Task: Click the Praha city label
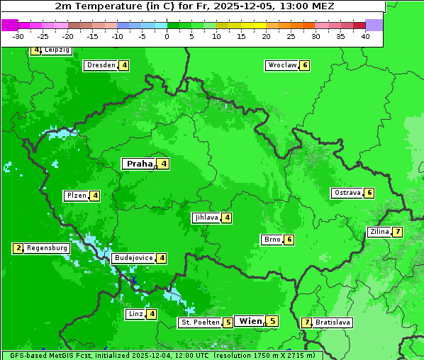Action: tap(140, 164)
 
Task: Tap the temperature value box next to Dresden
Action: tap(124, 65)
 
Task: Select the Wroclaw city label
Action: tap(281, 65)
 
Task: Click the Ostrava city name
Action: tap(347, 193)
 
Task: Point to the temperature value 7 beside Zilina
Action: tap(398, 232)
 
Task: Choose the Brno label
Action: tap(272, 240)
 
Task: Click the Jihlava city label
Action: tap(206, 218)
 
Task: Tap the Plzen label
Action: tap(76, 196)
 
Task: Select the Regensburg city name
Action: tap(48, 248)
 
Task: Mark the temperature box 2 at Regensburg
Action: tap(18, 248)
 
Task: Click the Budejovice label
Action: tap(133, 258)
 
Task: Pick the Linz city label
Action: tap(135, 314)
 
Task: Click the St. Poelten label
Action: tap(199, 322)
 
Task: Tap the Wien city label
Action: tap(250, 321)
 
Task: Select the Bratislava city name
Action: tap(333, 322)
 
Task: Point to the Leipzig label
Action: tap(57, 50)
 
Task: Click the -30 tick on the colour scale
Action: tap(18, 36)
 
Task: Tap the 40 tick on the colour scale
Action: tap(364, 36)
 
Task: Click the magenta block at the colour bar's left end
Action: tap(10, 25)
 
